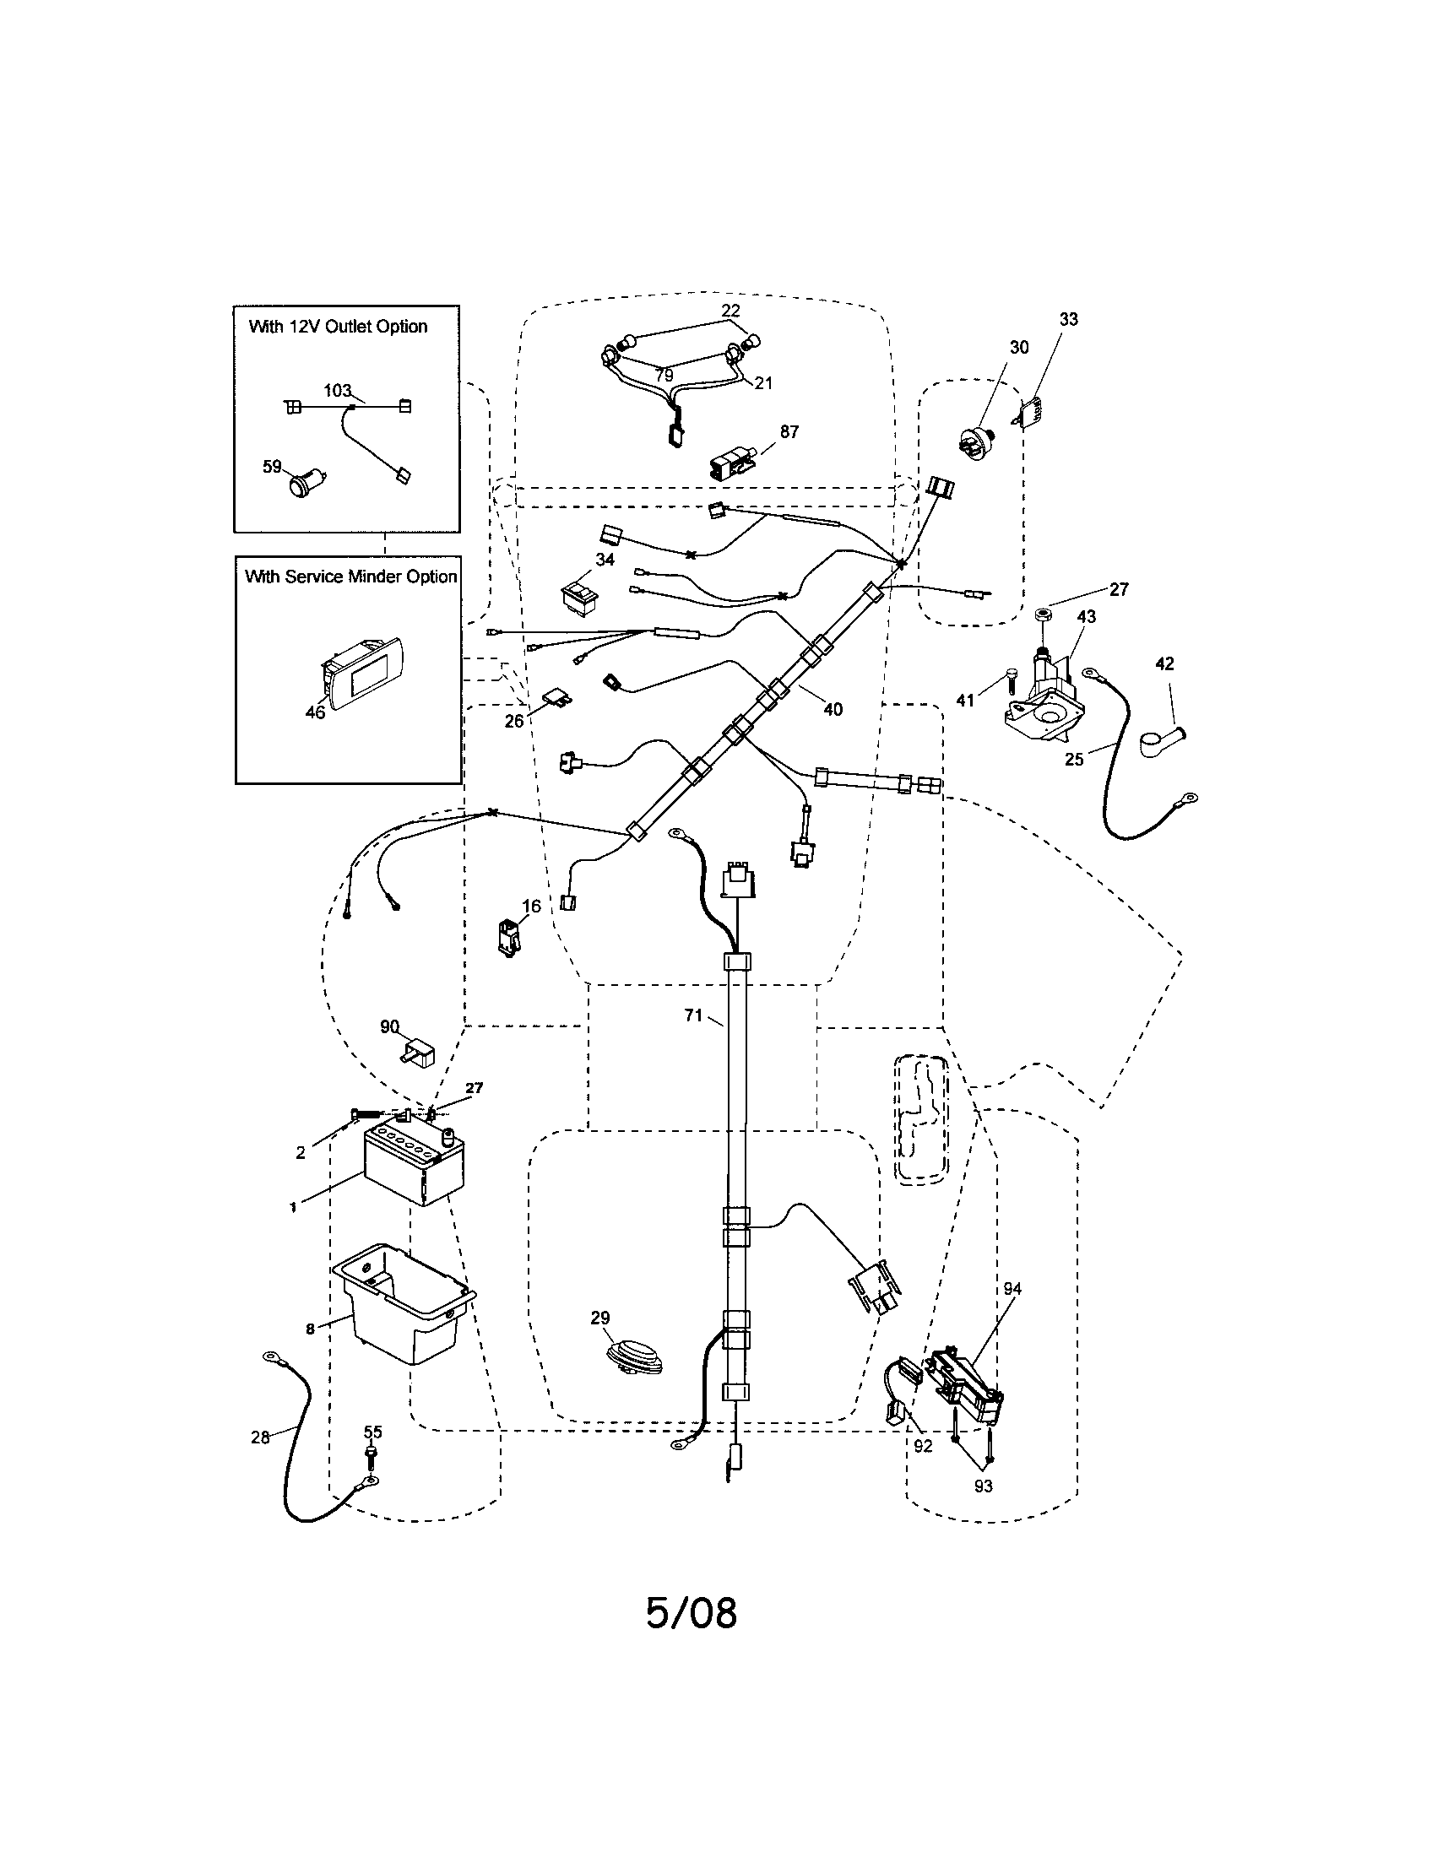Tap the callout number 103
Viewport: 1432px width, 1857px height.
[x=337, y=390]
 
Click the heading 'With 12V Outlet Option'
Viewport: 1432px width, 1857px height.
[x=338, y=327]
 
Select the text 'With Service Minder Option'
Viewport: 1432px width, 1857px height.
[x=350, y=577]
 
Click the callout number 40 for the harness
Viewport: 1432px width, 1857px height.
[x=833, y=709]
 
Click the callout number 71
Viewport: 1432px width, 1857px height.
[x=694, y=1015]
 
